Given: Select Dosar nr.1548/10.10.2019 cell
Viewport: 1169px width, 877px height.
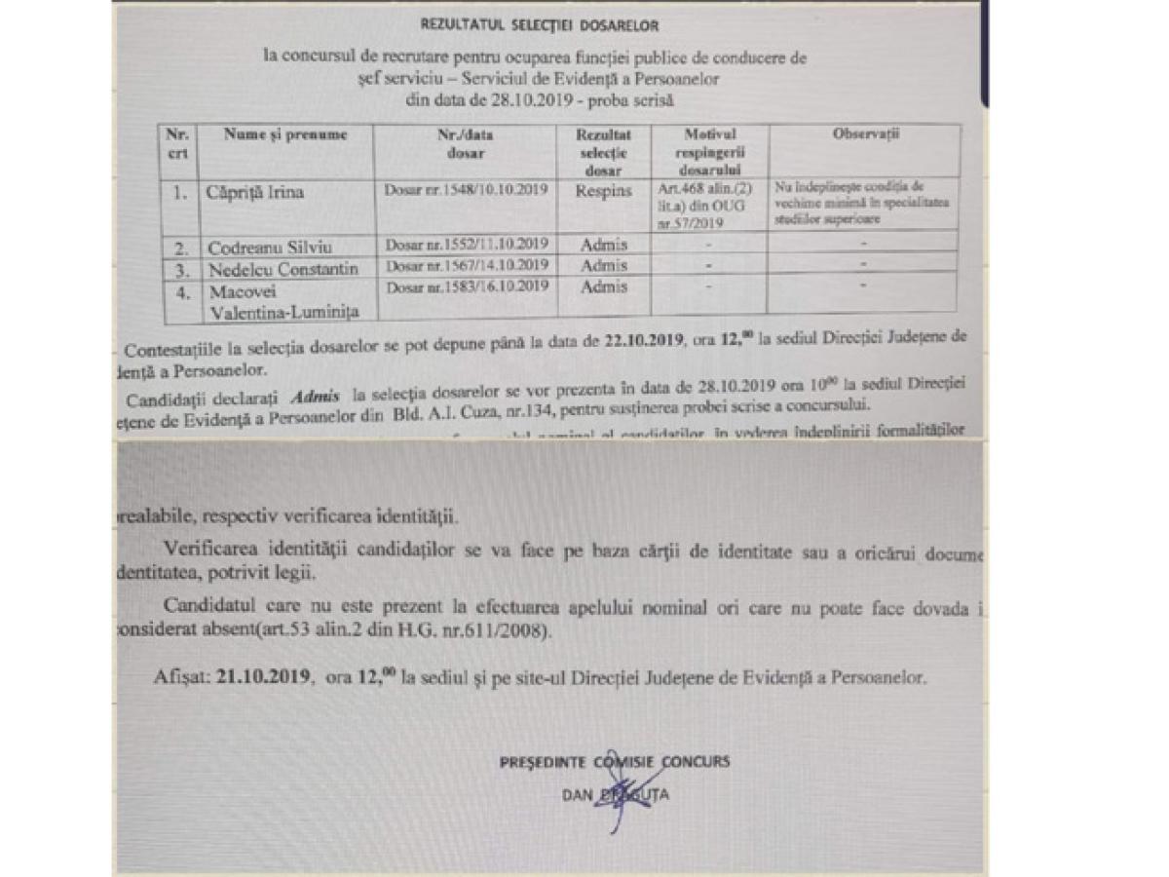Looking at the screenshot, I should pos(466,193).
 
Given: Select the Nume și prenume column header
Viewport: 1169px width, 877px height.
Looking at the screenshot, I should pos(284,134).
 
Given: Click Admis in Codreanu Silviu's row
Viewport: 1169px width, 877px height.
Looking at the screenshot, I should pos(603,245).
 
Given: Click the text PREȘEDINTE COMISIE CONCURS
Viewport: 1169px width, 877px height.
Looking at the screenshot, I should pos(614,761).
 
